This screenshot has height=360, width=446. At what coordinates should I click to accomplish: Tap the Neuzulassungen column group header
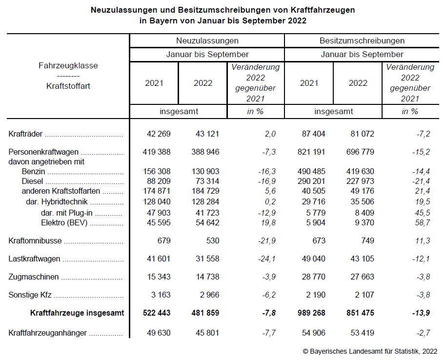(207, 40)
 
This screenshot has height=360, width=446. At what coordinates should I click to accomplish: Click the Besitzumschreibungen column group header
(362, 40)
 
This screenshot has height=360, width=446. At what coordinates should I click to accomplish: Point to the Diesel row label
(32, 181)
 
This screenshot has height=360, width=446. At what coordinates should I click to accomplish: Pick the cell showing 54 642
(206, 223)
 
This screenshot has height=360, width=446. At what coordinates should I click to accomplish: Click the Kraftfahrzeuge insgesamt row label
(77, 313)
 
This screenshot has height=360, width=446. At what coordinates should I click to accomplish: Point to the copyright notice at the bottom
(370, 351)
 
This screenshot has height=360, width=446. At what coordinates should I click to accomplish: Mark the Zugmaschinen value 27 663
(361, 277)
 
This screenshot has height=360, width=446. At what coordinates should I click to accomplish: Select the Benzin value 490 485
(311, 171)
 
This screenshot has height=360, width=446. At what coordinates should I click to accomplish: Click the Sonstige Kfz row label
(30, 295)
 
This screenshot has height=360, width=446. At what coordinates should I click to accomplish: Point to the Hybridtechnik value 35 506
(361, 202)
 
